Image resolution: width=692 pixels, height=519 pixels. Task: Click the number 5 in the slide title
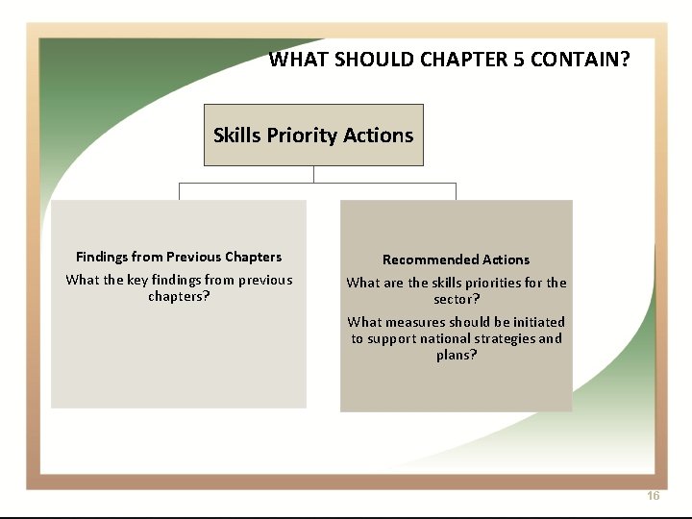[519, 60]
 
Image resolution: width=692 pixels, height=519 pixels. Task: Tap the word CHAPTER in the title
[464, 60]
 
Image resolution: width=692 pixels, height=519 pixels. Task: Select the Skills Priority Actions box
[313, 135]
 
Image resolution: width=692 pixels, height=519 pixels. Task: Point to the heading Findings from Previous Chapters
[179, 257]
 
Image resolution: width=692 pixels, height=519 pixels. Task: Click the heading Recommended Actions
[456, 259]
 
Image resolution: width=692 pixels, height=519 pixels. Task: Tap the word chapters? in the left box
[179, 296]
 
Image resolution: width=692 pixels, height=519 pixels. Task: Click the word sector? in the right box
[457, 299]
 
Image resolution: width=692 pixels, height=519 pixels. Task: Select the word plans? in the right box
[457, 355]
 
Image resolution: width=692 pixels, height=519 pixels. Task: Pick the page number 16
[654, 496]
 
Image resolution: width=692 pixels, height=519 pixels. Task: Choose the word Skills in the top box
[236, 136]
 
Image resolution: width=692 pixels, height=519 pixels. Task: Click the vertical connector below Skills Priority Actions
[313, 174]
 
